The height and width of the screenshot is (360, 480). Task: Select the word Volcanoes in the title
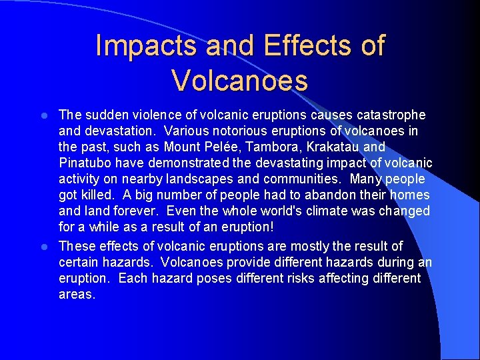(239, 80)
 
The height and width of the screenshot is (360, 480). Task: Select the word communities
(301, 179)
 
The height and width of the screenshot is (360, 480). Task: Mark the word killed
(93, 195)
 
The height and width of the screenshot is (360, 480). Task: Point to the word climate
(341, 211)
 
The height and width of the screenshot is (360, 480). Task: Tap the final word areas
(77, 294)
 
